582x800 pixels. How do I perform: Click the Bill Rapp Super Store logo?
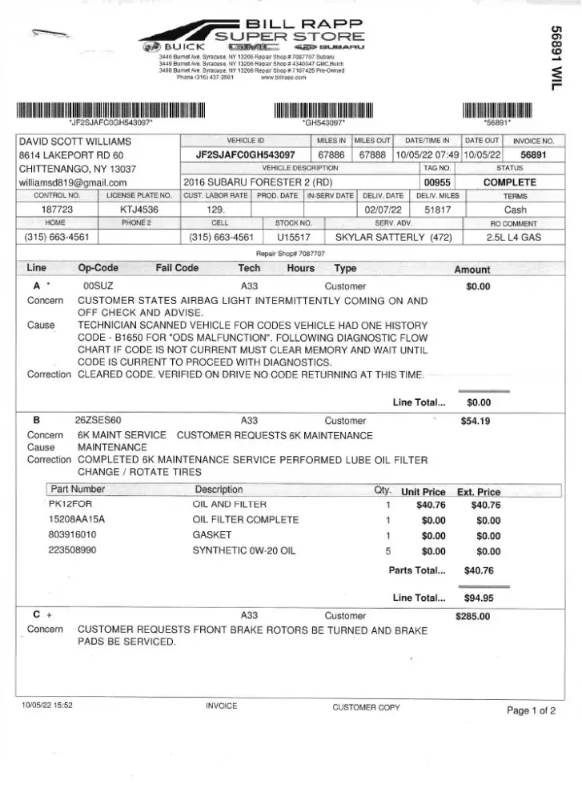(x=255, y=36)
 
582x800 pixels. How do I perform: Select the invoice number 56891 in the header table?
(x=532, y=154)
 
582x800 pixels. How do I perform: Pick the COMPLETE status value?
(x=509, y=182)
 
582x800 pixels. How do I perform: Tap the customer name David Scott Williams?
(x=74, y=142)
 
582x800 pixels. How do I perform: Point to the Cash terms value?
(x=515, y=209)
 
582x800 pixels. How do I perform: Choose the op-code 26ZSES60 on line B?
(x=98, y=420)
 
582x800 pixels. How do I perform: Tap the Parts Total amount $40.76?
(x=478, y=570)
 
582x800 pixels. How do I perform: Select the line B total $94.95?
(x=478, y=597)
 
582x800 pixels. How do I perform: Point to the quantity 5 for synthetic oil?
(x=387, y=550)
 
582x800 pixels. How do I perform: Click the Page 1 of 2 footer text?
(x=531, y=710)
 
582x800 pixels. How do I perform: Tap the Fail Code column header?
(x=176, y=268)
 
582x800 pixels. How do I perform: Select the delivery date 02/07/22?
(x=383, y=209)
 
